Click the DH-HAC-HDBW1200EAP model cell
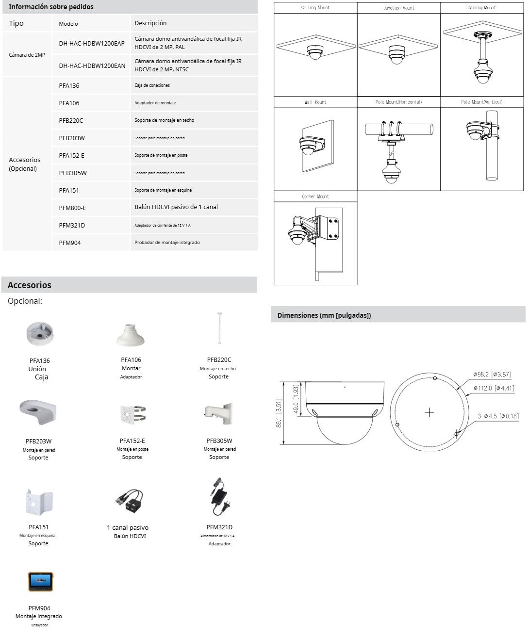(x=91, y=43)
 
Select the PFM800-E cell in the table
(x=72, y=208)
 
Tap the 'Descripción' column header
(x=150, y=23)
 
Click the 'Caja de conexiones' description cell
(x=152, y=85)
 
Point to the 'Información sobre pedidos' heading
(x=51, y=7)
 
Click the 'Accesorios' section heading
(x=30, y=285)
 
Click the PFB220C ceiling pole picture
(x=219, y=328)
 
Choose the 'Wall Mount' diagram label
(x=315, y=102)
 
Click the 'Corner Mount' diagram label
(x=315, y=196)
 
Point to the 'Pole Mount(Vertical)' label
(x=481, y=102)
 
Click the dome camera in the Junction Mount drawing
(x=399, y=54)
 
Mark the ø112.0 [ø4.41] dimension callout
(x=494, y=388)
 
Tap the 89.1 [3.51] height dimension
(x=279, y=413)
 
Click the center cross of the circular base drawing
(x=429, y=412)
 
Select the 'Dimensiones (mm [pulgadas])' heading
(x=324, y=315)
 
